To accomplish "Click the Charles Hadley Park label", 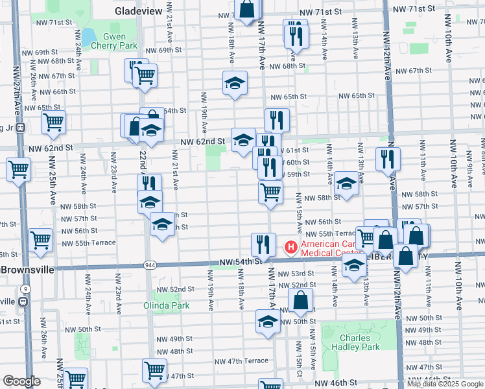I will (355, 342).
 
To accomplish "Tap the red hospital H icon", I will (291, 247).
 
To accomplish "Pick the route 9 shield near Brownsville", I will (24, 289).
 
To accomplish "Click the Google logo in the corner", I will (22, 381).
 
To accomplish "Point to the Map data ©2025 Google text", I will (445, 384).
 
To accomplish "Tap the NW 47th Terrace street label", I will (246, 360).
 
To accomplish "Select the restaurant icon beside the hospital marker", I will (263, 244).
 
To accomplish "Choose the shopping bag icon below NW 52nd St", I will (301, 300).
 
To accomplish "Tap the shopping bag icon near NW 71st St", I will (247, 9).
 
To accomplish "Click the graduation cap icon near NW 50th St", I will (268, 322).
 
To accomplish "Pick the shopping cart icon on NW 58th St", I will (270, 191).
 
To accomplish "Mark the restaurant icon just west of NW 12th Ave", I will (388, 158).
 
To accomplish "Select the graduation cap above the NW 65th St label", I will (235, 82).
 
